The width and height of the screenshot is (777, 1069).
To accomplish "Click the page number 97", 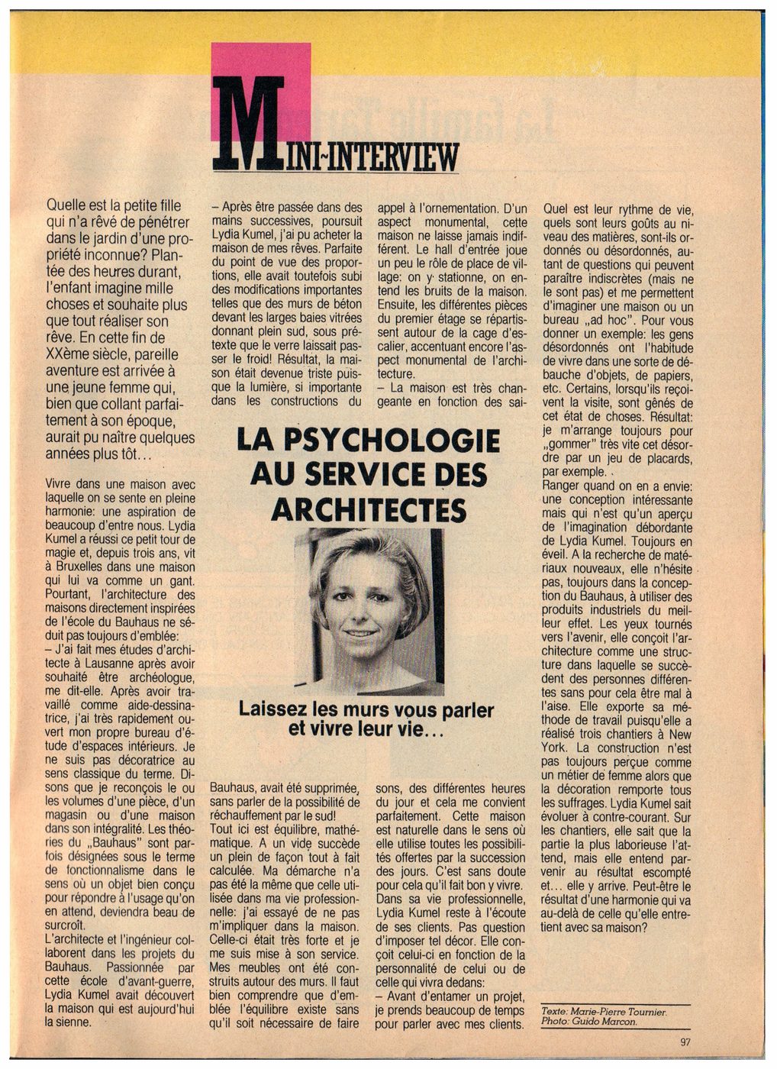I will tap(685, 1041).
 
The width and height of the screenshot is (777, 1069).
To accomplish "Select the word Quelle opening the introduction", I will tap(67, 205).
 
